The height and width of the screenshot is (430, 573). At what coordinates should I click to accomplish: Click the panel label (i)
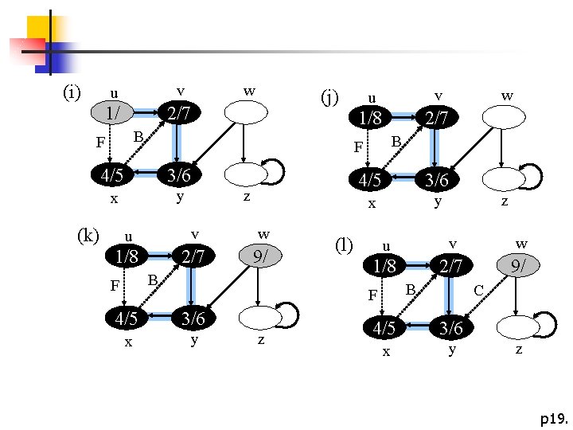tap(72, 93)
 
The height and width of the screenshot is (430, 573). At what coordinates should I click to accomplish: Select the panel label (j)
tap(329, 97)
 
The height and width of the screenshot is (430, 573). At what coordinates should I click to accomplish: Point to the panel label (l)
tap(345, 243)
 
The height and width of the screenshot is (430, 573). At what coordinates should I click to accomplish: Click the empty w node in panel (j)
tap(506, 117)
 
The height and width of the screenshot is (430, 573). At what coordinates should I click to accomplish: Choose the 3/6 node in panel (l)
tap(451, 327)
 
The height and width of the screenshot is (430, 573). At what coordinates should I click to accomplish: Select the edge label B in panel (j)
tap(396, 141)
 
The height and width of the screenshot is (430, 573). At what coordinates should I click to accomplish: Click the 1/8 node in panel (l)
tap(385, 265)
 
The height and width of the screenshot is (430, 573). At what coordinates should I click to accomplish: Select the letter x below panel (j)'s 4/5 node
tap(371, 204)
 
